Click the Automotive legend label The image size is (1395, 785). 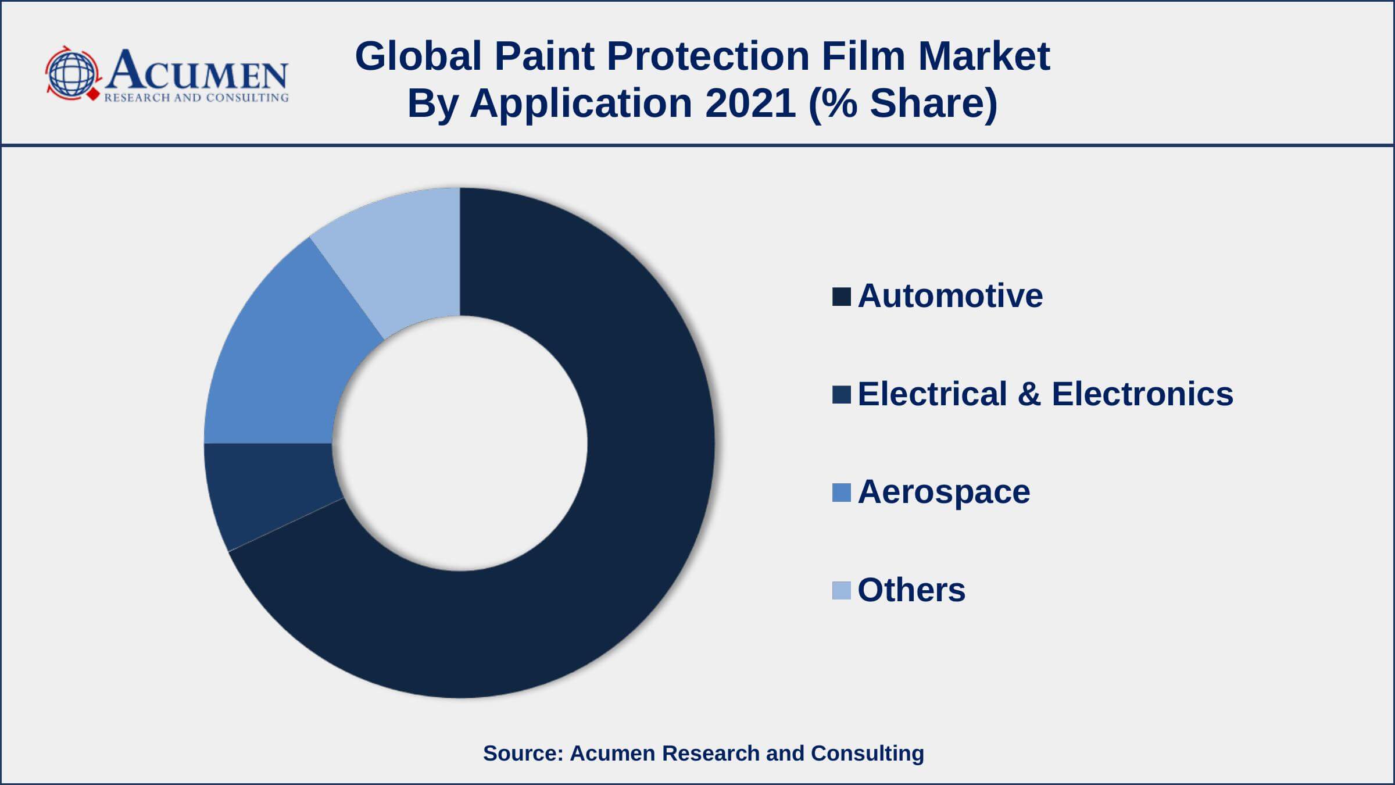[950, 295]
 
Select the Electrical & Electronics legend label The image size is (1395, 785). [1045, 394]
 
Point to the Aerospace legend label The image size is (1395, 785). [944, 493]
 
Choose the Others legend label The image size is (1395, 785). [911, 590]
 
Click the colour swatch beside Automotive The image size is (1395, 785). [842, 297]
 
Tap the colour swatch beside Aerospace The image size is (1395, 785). [842, 493]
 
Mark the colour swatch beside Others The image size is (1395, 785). [842, 590]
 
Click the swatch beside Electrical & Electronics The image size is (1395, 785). [842, 394]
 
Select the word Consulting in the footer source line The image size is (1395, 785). [867, 754]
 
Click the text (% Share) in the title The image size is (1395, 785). [903, 104]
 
